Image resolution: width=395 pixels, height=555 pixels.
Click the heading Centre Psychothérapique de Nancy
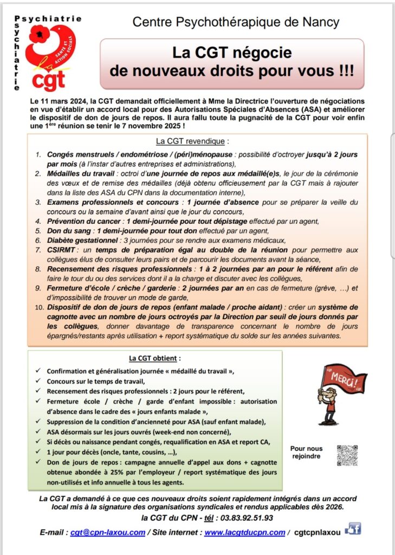pyautogui.click(x=236, y=22)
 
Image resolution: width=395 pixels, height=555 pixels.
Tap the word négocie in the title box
pyautogui.click(x=265, y=53)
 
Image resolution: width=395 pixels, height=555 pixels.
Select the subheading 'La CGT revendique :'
pyautogui.click(x=192, y=141)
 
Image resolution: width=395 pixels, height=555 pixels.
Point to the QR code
pyautogui.click(x=347, y=455)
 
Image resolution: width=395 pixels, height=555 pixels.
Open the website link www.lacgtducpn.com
pyautogui.click(x=244, y=532)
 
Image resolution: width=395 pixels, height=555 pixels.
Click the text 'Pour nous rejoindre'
pyautogui.click(x=306, y=452)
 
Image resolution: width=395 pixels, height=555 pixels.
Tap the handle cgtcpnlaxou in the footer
pyautogui.click(x=318, y=532)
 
